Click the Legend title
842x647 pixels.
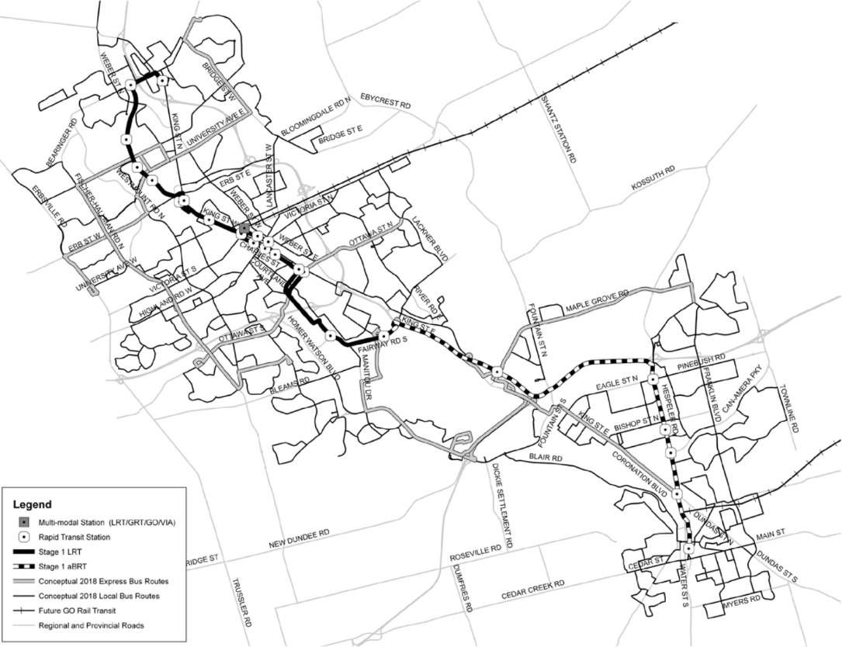[33, 504]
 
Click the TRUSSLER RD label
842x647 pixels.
[241, 604]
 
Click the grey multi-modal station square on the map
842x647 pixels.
[244, 228]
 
